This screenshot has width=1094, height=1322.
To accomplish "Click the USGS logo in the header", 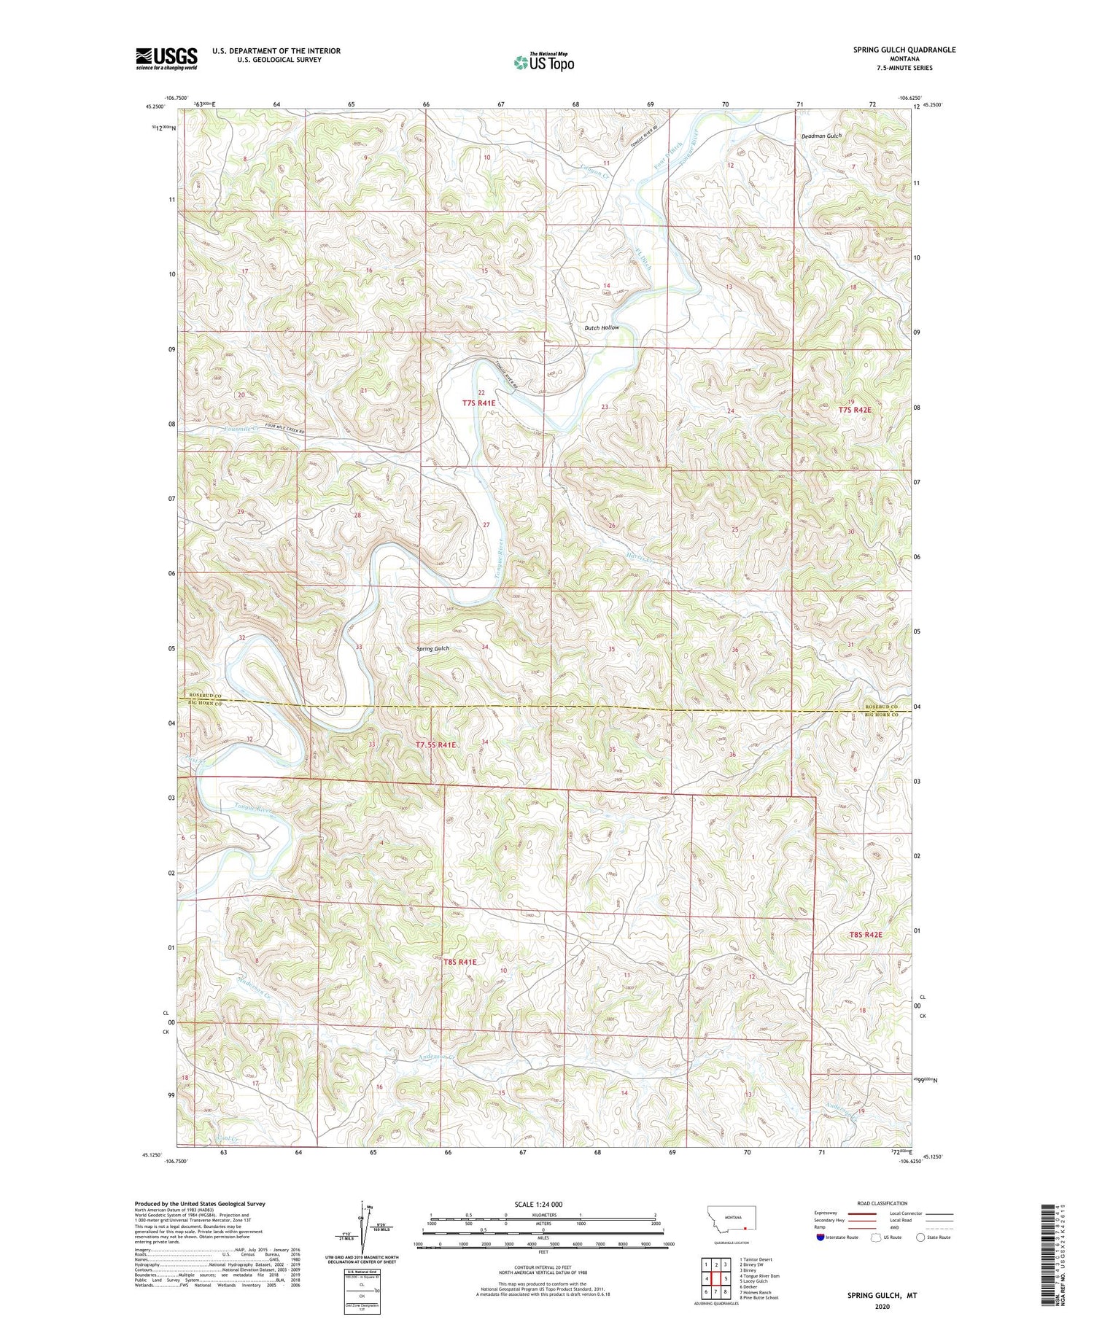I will (x=166, y=58).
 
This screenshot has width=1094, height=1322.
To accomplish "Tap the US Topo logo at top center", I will (x=543, y=63).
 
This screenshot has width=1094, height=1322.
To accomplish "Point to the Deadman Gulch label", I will (x=821, y=136).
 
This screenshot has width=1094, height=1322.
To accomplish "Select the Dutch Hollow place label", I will (x=601, y=328).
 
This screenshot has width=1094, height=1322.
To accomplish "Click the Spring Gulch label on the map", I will (x=432, y=648).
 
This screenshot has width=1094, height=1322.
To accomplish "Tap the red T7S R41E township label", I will (x=478, y=403).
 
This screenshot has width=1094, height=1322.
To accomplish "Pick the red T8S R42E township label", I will (x=865, y=935).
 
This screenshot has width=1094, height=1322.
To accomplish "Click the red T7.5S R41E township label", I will (x=435, y=745).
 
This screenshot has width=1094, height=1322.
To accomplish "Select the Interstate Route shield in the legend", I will (x=820, y=1237).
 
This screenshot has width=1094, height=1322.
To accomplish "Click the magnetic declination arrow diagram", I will (x=361, y=1225).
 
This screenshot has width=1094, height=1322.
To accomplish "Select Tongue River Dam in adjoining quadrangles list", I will (x=759, y=1275).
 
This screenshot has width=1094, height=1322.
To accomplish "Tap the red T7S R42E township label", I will (x=854, y=410).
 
